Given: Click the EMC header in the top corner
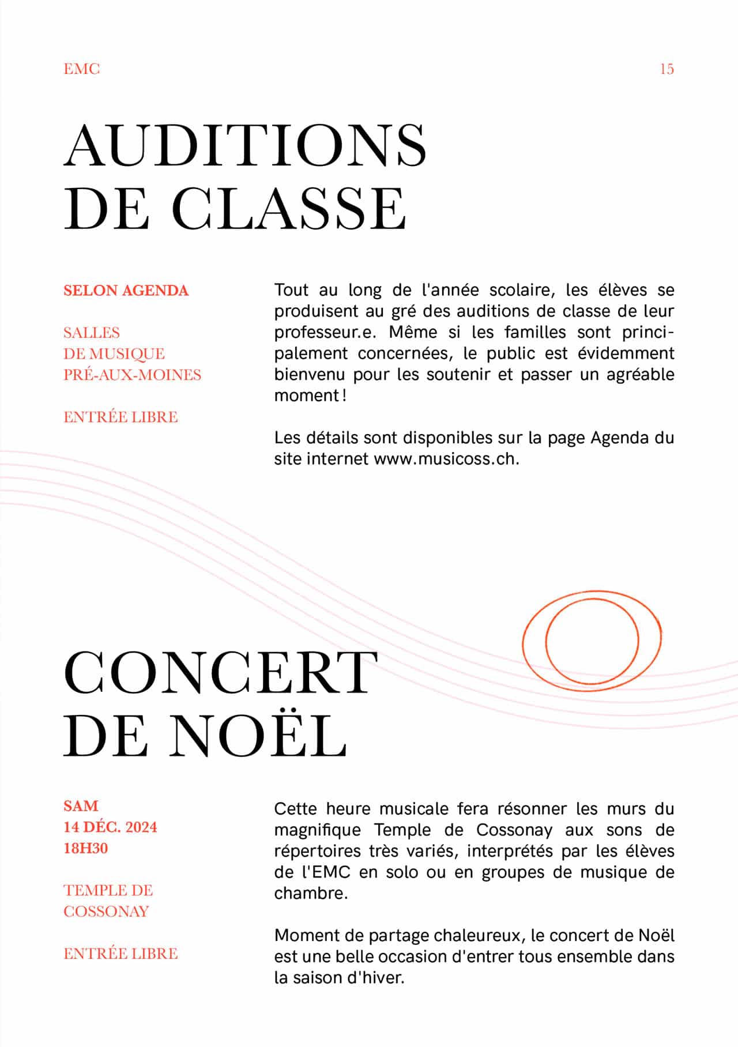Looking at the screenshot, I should pos(81,69).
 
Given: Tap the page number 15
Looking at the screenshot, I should pos(667,69).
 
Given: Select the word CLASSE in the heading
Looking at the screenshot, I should pos(289,209).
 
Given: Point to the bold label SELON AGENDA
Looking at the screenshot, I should pos(126,291).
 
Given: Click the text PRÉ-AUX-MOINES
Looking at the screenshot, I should pos(132,375).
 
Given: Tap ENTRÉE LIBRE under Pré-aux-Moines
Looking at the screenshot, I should pos(121,417).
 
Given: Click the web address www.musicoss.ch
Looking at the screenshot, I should pos(446,459).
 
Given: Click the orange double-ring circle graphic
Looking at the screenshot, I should pos(592,641).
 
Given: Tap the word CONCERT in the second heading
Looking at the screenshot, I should pos(220,673).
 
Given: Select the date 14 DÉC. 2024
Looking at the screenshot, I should pos(110,827).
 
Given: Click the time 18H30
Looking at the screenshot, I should pos(85,848).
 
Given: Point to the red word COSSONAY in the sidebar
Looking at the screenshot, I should pos(106,912).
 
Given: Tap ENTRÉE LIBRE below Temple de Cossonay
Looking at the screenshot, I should pos(121,954).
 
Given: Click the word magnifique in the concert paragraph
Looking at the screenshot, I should pos(317,830).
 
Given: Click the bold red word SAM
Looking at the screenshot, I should pos(81,806).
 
